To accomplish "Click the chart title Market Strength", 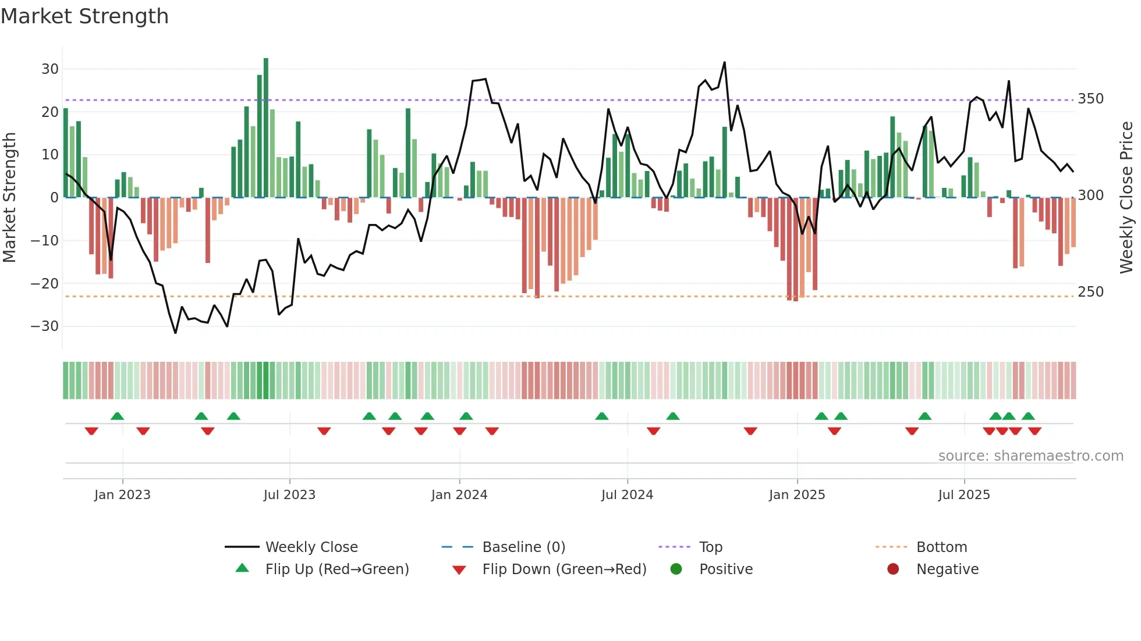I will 84,16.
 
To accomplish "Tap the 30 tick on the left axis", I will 50,69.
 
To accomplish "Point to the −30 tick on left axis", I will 45,326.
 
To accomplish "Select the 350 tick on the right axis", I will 1090,99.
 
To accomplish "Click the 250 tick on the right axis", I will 1090,292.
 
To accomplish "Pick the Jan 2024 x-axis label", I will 459,495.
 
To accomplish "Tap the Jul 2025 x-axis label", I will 964,495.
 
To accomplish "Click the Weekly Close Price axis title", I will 1126,198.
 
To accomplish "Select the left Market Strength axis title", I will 9,198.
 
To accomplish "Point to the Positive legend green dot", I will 676,569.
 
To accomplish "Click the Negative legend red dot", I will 893,569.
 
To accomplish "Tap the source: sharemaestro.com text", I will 1030,456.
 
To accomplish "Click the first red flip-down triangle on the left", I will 91,431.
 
